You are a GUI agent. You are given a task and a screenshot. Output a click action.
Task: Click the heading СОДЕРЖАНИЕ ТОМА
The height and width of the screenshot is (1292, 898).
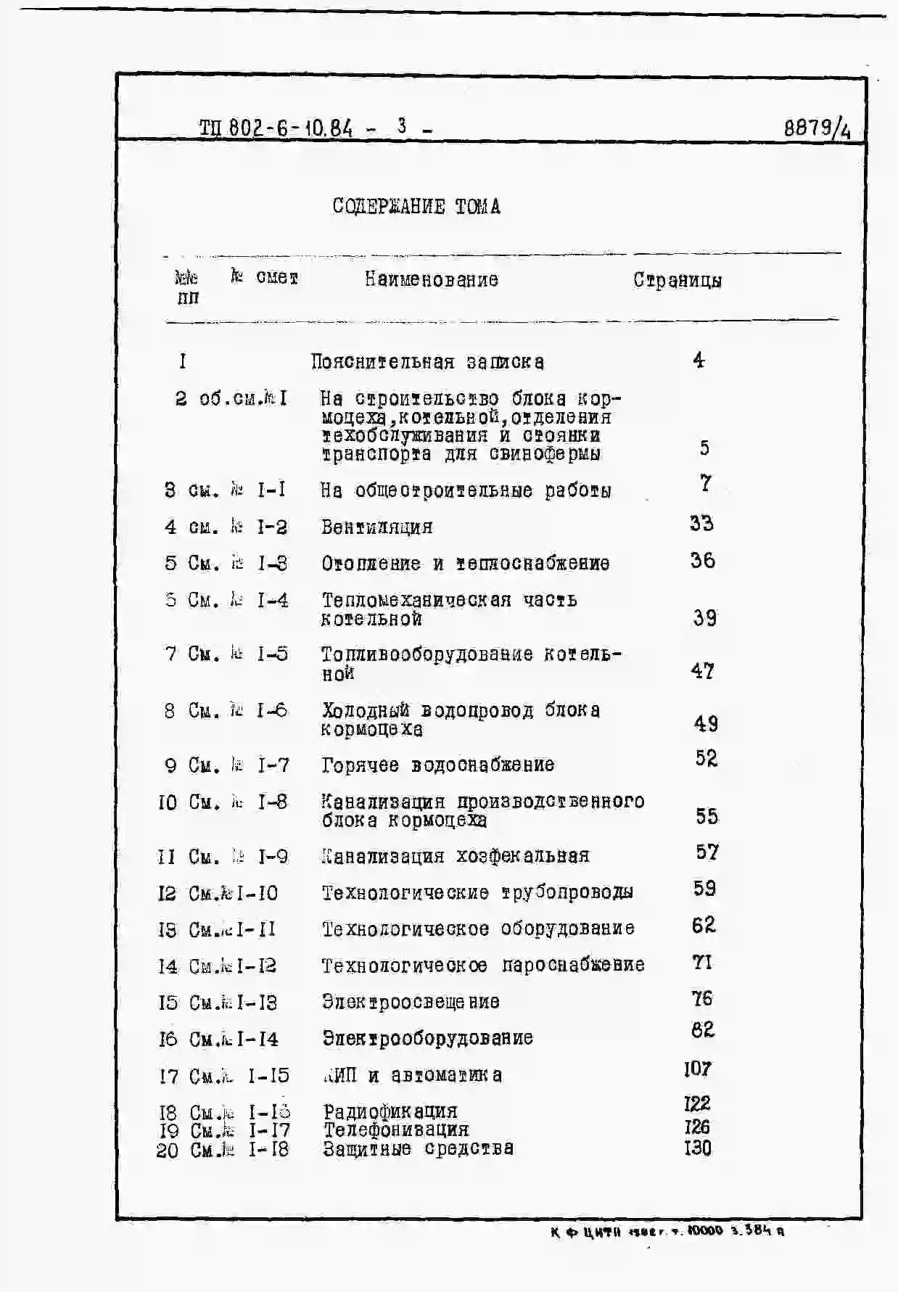[x=416, y=207]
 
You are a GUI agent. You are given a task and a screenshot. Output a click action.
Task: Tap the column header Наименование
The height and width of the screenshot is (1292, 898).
[x=431, y=280]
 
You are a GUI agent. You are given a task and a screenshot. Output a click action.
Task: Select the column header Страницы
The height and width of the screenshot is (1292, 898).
[x=677, y=280]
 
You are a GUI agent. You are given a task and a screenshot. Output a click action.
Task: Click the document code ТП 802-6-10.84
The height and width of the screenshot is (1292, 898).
[x=276, y=128]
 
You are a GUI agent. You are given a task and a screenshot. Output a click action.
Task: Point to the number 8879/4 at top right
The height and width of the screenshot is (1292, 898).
[x=817, y=129]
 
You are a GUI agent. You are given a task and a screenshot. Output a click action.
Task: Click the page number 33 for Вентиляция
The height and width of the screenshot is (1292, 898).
[x=701, y=524]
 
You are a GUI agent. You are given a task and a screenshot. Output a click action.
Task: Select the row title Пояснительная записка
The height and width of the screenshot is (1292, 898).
[x=427, y=362]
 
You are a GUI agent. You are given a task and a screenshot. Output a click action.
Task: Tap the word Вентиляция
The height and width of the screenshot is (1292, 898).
[x=376, y=527]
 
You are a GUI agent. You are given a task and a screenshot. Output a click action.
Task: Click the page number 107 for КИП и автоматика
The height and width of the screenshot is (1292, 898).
[x=697, y=1069]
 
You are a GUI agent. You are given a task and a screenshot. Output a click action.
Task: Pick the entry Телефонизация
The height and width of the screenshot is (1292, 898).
[x=396, y=1130]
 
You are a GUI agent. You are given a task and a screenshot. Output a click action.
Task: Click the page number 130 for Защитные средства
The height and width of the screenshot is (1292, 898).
[x=698, y=1148]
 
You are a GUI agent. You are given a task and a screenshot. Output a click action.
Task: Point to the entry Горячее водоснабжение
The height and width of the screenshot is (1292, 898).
[x=438, y=765]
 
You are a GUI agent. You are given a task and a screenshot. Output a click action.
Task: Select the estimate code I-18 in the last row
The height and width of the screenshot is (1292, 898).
[x=268, y=1150]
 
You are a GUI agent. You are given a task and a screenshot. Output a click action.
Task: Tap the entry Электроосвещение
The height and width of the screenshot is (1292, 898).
[x=411, y=1002]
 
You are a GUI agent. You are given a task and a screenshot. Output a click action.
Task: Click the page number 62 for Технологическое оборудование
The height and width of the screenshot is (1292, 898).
[x=703, y=925]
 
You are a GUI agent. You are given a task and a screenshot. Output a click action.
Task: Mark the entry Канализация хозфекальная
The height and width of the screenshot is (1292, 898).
[x=456, y=856]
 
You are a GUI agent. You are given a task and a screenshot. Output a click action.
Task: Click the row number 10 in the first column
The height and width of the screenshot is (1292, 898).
[x=168, y=802]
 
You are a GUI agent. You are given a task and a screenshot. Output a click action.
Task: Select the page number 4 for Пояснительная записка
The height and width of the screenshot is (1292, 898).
[x=699, y=361]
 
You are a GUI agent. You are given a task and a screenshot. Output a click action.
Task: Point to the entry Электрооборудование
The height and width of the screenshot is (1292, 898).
[x=427, y=1039]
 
